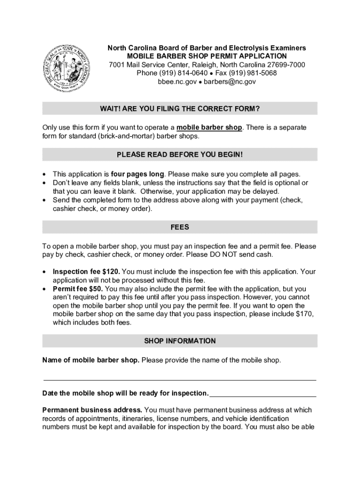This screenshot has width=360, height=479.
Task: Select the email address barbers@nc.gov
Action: tap(232, 81)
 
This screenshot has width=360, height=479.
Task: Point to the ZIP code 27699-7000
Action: tap(286, 65)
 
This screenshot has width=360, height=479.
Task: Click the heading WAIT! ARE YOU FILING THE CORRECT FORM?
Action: tap(180, 109)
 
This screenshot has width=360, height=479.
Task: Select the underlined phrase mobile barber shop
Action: tap(209, 128)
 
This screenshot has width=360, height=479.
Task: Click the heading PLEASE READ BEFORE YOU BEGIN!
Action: tap(180, 154)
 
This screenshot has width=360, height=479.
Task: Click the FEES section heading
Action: tap(180, 227)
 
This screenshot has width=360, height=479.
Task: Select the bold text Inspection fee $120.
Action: tap(86, 272)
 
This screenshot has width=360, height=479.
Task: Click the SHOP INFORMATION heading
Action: tap(180, 341)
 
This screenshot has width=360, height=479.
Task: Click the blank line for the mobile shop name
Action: tap(180, 379)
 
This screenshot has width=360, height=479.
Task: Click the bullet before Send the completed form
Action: tap(44, 200)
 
